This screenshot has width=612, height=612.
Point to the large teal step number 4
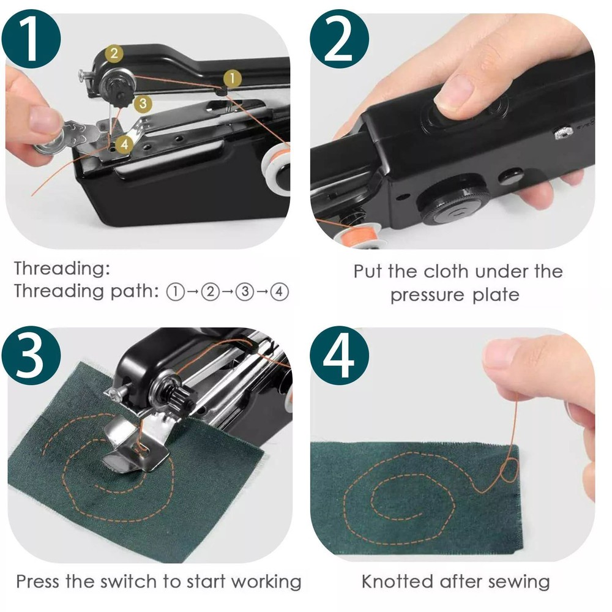coord(338,355)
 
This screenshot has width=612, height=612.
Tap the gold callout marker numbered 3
coord(142,103)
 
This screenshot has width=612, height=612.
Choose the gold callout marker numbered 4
coord(124,143)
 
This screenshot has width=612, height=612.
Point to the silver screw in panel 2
coord(564,132)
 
